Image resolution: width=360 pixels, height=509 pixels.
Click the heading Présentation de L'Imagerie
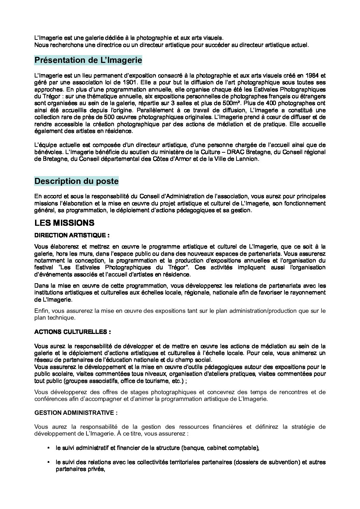click(88, 60)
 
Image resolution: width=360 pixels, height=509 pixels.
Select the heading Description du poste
click(77, 181)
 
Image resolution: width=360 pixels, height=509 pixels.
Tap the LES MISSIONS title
click(64, 223)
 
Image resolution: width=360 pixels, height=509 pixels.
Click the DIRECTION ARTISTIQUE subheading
click(72, 235)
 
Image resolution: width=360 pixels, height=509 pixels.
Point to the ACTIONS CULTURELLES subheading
click(72, 331)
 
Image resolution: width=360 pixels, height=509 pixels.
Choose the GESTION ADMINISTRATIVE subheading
click(76, 413)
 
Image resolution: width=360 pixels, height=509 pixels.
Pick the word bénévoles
click(46, 152)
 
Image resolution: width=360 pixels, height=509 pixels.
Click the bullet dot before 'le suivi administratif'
click(49, 448)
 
